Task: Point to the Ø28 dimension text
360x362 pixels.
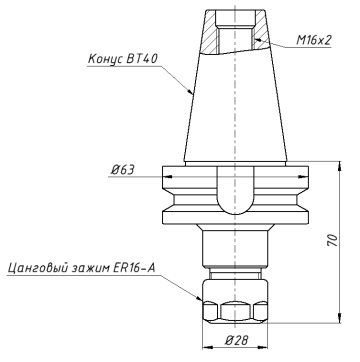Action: [x=236, y=341]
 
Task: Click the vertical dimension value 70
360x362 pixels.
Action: [x=330, y=240]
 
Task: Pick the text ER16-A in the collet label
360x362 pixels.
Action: [x=133, y=268]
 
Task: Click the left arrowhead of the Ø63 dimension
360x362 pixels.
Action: [x=165, y=178]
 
